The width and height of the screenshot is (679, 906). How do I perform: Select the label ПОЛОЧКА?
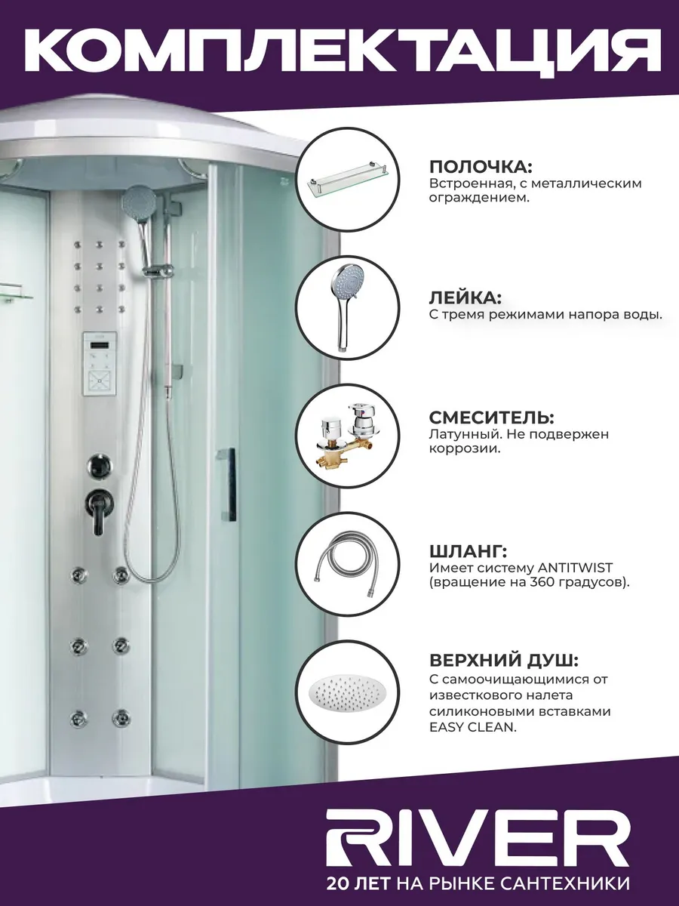pyautogui.click(x=481, y=167)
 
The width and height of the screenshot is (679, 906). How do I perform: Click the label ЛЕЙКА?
pyautogui.click(x=465, y=297)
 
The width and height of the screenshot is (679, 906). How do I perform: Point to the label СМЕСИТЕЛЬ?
pyautogui.click(x=492, y=418)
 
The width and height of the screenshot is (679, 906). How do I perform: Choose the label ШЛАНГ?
pyautogui.click(x=468, y=551)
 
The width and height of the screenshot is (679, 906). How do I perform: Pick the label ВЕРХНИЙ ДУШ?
pyautogui.click(x=504, y=661)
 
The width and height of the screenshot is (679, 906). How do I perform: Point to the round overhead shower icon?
pyautogui.click(x=348, y=692)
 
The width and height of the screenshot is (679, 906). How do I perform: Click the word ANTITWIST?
pyautogui.click(x=576, y=568)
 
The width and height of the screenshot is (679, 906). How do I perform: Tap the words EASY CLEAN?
pyautogui.click(x=473, y=728)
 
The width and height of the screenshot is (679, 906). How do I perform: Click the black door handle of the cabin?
pyautogui.click(x=229, y=485)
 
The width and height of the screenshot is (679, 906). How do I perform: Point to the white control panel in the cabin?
pyautogui.click(x=100, y=364)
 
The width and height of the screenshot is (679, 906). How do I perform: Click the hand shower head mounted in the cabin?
pyautogui.click(x=139, y=199)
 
